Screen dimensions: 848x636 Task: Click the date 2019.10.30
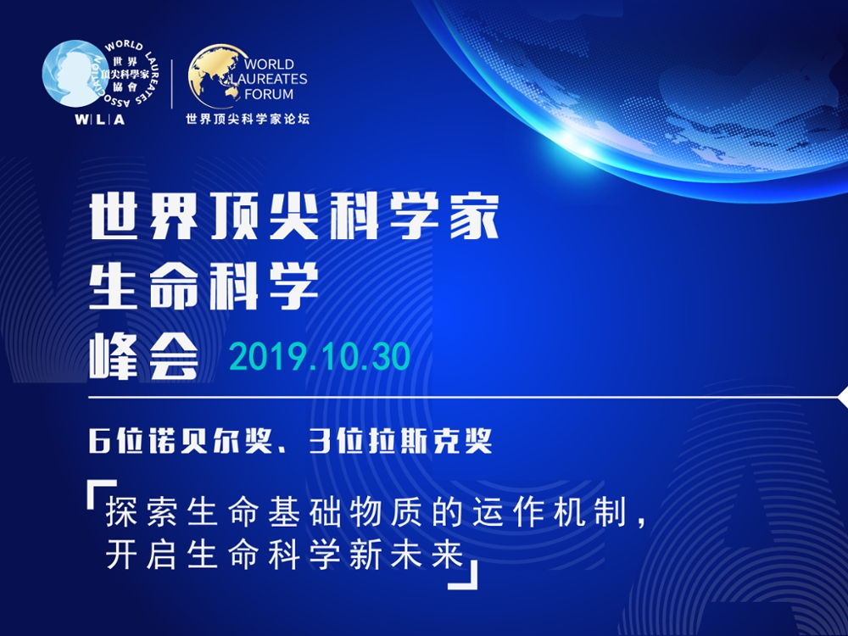click(x=320, y=358)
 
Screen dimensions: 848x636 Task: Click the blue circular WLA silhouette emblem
click(x=72, y=73)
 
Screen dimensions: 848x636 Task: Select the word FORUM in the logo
click(x=269, y=94)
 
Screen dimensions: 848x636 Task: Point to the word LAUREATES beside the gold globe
click(x=269, y=79)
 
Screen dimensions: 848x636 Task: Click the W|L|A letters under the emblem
click(x=100, y=120)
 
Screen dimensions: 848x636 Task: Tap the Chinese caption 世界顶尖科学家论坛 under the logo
click(x=248, y=119)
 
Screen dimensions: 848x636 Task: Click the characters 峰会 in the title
click(x=144, y=356)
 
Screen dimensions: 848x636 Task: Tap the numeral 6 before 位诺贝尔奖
click(x=99, y=441)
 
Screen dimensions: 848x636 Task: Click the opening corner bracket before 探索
click(x=101, y=494)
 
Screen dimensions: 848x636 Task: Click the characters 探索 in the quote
click(x=142, y=511)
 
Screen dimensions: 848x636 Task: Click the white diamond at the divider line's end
click(x=843, y=398)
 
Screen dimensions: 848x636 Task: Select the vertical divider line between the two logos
click(x=172, y=84)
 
